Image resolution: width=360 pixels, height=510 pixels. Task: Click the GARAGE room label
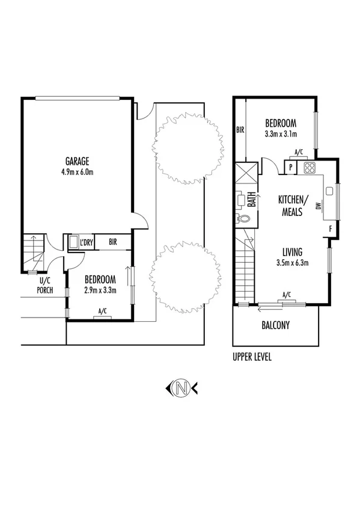[78, 161]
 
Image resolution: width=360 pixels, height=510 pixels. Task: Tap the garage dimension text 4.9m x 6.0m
[78, 172]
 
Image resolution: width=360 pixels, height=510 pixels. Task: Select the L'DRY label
[87, 242]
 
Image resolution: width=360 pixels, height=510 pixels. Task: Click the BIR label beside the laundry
[114, 242]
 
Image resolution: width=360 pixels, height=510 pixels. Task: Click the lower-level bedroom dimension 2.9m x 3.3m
[100, 290]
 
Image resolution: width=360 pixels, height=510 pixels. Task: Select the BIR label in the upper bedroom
[240, 130]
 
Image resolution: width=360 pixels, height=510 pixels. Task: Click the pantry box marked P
[291, 167]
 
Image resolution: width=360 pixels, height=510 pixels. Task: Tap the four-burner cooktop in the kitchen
[310, 167]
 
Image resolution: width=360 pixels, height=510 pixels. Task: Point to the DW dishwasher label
[319, 206]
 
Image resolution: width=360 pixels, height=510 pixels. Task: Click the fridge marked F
[331, 229]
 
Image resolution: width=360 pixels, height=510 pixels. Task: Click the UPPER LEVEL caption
[252, 357]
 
